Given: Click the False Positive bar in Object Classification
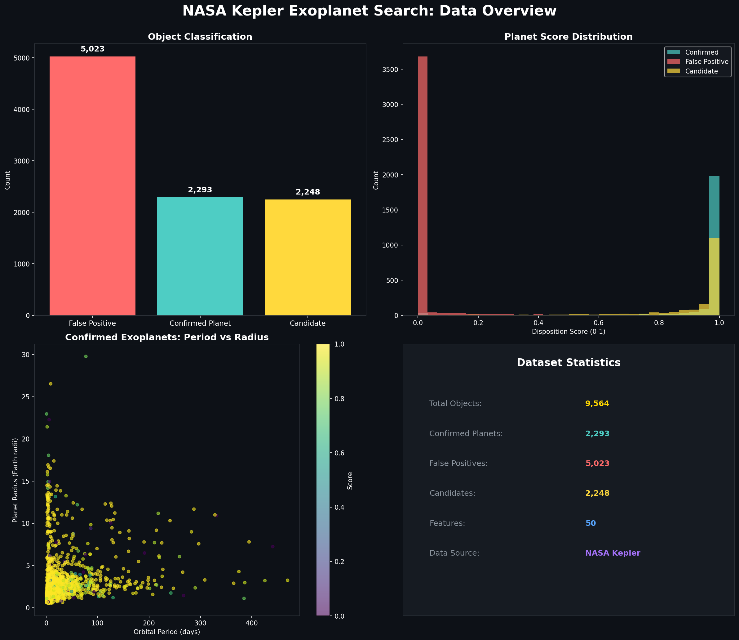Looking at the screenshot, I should [x=92, y=186].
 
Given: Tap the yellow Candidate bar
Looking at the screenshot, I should [x=308, y=257].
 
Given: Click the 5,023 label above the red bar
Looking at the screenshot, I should [x=92, y=49].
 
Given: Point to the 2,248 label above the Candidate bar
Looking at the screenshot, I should [x=308, y=192].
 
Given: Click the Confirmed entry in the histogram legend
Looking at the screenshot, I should [x=701, y=52].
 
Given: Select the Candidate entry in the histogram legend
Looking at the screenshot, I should [x=701, y=71].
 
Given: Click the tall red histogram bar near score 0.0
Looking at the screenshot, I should [x=423, y=186].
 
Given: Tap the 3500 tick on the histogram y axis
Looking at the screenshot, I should [x=389, y=69].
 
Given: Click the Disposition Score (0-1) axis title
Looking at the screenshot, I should [x=569, y=331].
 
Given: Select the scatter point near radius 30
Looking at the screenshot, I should [x=86, y=356].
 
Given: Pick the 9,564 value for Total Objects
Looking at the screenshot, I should [x=597, y=404].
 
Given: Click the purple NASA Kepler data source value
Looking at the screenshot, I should [x=613, y=553].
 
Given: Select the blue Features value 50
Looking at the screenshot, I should [x=591, y=523].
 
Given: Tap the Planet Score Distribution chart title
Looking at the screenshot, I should [x=568, y=37].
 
